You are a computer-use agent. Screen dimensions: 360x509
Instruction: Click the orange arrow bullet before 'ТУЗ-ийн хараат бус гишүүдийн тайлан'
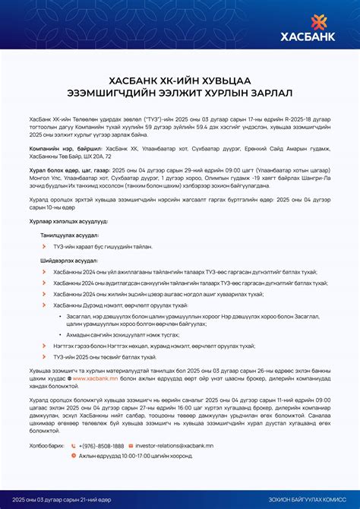[46, 247]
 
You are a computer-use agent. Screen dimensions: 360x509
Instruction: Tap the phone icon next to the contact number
[74, 446]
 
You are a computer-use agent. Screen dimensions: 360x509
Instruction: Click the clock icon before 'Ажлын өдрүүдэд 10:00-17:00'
[74, 456]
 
